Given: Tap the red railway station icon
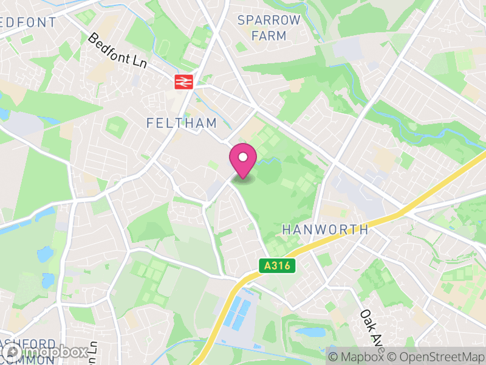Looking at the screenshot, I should tap(183, 82).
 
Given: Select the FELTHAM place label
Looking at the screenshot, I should tap(182, 123).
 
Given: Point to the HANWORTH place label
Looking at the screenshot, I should tap(326, 229).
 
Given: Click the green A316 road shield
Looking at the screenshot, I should tap(277, 266).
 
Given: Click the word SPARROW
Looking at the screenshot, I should tap(269, 20).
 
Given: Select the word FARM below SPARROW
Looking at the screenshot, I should tap(269, 36).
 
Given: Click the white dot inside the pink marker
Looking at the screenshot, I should tap(243, 158).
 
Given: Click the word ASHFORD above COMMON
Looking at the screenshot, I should tap(30, 344).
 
